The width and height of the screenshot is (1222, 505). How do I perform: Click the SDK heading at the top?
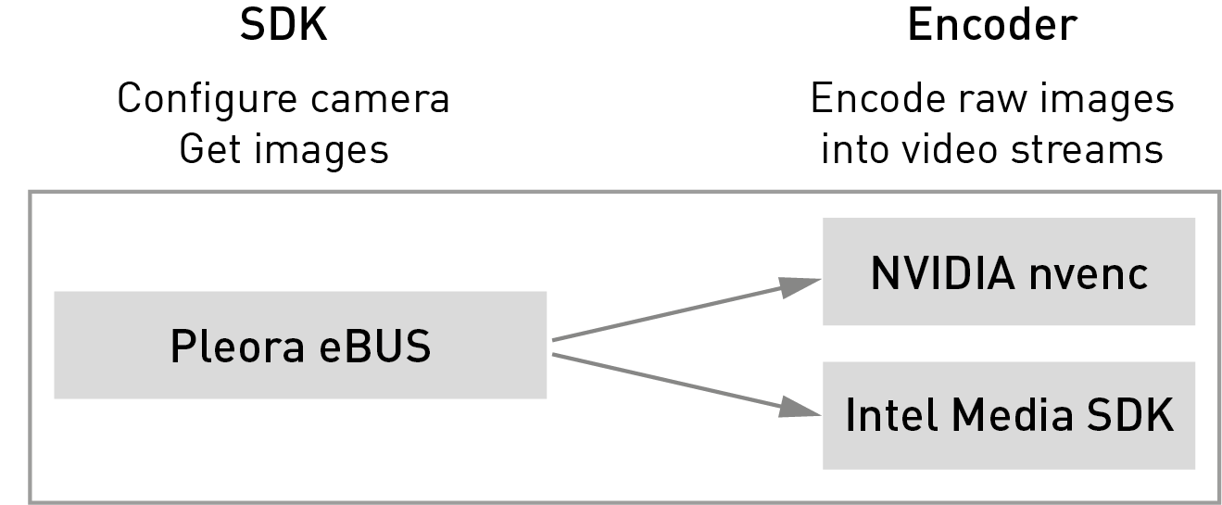[283, 25]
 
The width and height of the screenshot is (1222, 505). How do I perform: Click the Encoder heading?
[992, 25]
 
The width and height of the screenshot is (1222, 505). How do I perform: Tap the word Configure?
[208, 100]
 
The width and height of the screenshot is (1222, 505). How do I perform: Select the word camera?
[380, 100]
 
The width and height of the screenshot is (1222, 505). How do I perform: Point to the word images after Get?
[321, 150]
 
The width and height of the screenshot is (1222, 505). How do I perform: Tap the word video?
[950, 149]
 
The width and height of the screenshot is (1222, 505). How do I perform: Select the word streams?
[1087, 150]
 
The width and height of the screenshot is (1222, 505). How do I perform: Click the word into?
[854, 149]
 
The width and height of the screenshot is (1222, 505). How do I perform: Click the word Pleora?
[237, 347]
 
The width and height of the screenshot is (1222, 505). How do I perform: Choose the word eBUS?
[375, 347]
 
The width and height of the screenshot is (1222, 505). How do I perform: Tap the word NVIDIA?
[943, 273]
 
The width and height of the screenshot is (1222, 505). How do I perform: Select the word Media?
[1012, 415]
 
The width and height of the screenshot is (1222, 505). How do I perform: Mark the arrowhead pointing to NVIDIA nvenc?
[799, 287]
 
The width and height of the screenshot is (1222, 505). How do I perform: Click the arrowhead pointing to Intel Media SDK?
[799, 408]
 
